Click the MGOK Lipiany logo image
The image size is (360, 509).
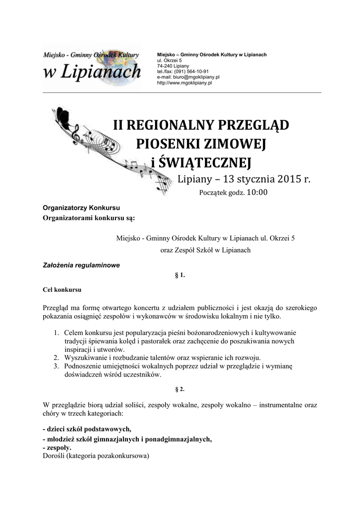(92, 68)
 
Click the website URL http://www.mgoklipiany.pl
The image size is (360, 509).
(184, 83)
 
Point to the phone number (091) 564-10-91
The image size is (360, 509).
(191, 72)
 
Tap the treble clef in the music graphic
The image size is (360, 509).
(76, 132)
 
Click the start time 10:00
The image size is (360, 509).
(257, 192)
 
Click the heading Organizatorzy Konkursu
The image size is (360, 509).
(82, 208)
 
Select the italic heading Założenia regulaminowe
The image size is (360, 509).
(81, 265)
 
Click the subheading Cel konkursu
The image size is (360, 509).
(62, 288)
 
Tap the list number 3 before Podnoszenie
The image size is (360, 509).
(56, 366)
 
